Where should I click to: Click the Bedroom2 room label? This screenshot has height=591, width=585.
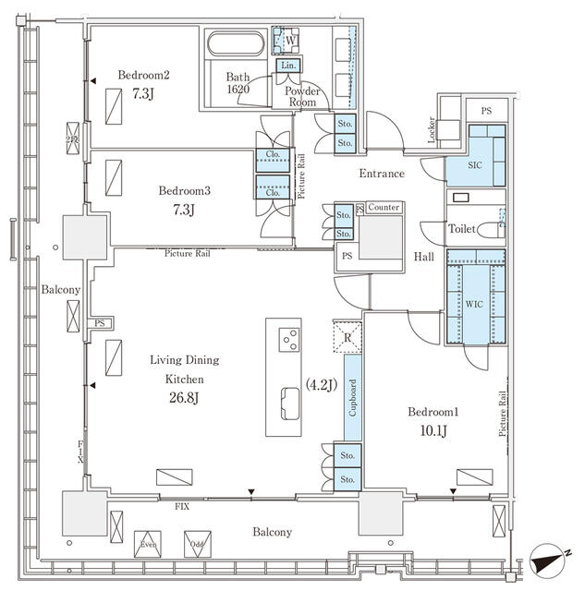144,75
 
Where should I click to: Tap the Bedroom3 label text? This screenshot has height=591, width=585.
184,191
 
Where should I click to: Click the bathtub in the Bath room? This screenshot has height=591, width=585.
237,45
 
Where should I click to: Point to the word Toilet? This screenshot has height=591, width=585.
463,229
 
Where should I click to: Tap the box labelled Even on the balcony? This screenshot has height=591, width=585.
148,544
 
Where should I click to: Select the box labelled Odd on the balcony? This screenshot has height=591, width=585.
196,544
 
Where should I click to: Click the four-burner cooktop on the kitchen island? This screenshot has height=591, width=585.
289,339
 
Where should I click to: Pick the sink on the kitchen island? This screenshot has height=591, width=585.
288,400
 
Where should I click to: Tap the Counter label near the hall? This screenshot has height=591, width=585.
383,208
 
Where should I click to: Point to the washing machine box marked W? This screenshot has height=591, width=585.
289,42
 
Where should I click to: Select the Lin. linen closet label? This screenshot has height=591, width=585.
288,66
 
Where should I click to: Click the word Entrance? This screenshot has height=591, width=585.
381,174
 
